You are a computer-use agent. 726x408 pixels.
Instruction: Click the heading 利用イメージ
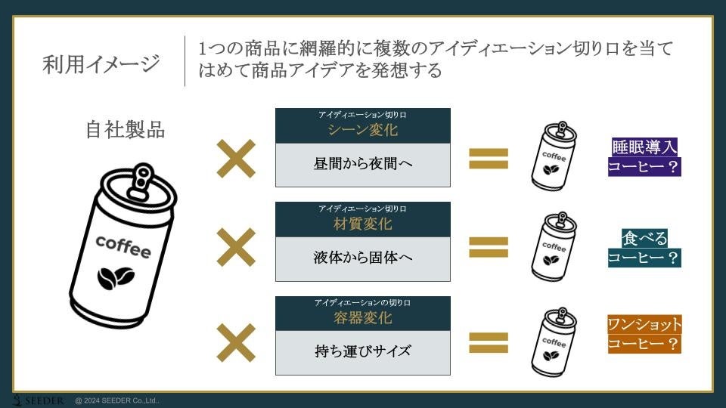tap(101, 64)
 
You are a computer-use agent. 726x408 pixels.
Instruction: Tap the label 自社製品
tap(125, 129)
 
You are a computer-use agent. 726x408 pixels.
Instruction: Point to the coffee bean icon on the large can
tap(115, 278)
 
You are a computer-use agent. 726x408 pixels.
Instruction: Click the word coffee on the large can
tap(123, 246)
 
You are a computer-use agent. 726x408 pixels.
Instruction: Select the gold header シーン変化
tap(362, 130)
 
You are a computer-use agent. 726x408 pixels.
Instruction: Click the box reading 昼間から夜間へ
tap(362, 164)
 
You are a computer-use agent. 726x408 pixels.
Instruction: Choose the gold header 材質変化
tap(362, 224)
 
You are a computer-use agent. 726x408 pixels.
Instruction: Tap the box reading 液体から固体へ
tap(362, 258)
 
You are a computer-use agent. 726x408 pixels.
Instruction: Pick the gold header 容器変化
tap(362, 318)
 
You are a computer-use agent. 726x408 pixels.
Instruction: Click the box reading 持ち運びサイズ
tap(362, 352)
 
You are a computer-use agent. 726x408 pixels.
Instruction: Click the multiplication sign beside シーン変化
tap(236, 159)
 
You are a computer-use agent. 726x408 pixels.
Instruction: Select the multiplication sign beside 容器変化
tap(236, 342)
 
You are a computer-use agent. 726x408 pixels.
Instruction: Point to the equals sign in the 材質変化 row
tap(489, 247)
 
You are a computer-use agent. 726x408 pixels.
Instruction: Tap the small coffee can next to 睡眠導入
tap(554, 156)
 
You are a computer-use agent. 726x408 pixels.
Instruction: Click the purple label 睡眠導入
tap(644, 147)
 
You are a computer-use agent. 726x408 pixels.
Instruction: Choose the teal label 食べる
tap(644, 239)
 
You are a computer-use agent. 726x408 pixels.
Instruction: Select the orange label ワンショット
tap(644, 325)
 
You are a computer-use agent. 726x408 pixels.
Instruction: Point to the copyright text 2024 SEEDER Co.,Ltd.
tap(117, 401)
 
